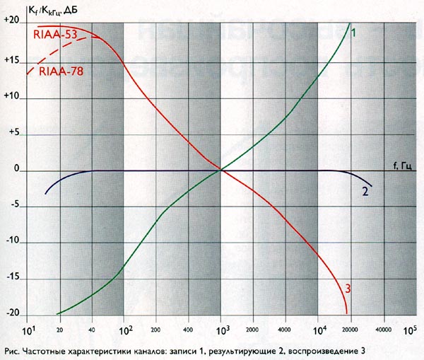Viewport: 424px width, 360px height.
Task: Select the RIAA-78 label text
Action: click(61, 71)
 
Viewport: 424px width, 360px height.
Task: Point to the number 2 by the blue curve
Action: click(365, 192)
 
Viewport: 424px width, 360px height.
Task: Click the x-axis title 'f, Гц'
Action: click(402, 166)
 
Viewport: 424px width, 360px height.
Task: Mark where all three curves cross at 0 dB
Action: click(221, 170)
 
